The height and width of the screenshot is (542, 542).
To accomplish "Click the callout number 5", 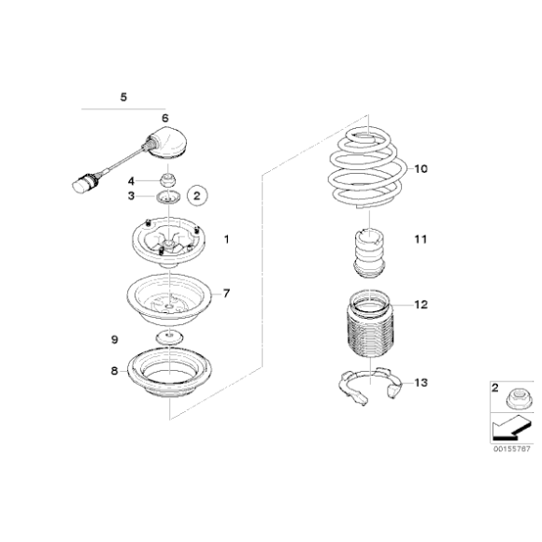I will coord(124,96).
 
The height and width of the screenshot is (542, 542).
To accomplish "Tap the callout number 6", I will coord(164,118).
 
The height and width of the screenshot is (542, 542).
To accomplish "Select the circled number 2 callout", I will coord(196,195).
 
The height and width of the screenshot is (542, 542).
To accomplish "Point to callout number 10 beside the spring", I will coord(420,169).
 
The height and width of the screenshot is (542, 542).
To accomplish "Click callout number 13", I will coord(421,382).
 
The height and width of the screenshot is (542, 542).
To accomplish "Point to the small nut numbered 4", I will coord(169,179).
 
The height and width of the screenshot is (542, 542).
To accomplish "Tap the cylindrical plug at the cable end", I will coord(83,183).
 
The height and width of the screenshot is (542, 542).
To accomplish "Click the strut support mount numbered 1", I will coord(168,248).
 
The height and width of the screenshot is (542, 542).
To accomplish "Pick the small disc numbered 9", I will coord(169,337).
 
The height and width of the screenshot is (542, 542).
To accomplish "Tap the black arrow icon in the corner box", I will coord(504,431).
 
